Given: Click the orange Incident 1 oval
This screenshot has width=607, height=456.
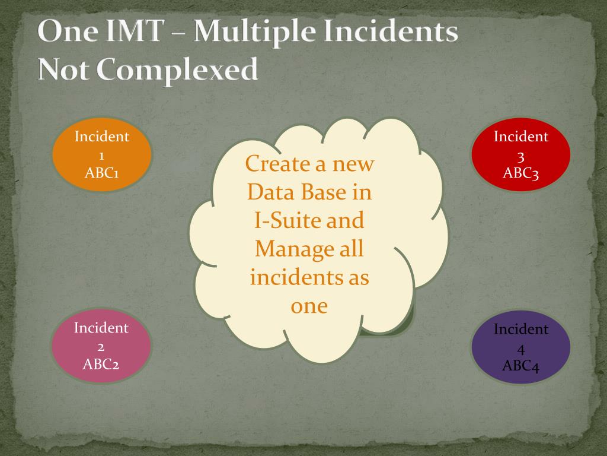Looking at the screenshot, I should pos(102,154).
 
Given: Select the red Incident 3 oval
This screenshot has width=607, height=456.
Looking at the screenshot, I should pos(520,154).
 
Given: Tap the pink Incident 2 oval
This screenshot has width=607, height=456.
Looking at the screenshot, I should pos(101,346).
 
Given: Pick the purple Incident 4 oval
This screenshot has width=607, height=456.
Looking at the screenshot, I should pos(520,347).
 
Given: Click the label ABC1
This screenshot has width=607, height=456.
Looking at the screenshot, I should pos(102,174).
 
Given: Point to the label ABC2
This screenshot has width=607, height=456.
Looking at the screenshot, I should pos(101,364).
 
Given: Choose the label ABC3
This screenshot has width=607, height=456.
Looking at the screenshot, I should pos(520,173).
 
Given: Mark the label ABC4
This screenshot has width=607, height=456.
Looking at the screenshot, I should pos(520,366).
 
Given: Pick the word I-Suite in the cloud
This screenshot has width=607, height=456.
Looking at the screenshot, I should pos(284,220).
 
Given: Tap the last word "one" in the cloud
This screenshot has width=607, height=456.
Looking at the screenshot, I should pos(309,306).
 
